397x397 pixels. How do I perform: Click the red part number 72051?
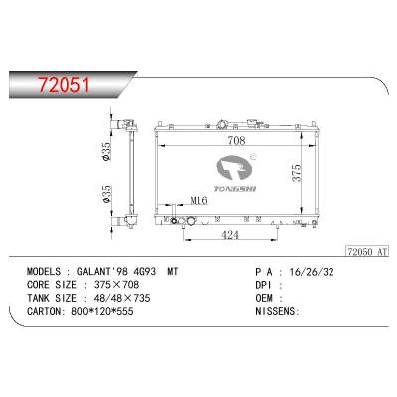(64, 85)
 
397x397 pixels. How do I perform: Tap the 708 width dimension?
(236, 141)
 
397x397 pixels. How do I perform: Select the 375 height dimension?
(297, 173)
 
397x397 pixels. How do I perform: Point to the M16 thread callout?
(198, 199)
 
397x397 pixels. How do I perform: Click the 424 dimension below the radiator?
(230, 235)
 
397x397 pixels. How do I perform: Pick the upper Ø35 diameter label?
(106, 151)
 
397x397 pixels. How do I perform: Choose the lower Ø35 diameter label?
(106, 195)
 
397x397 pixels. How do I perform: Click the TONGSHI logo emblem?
(234, 170)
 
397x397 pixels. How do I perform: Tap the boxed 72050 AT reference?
(366, 252)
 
